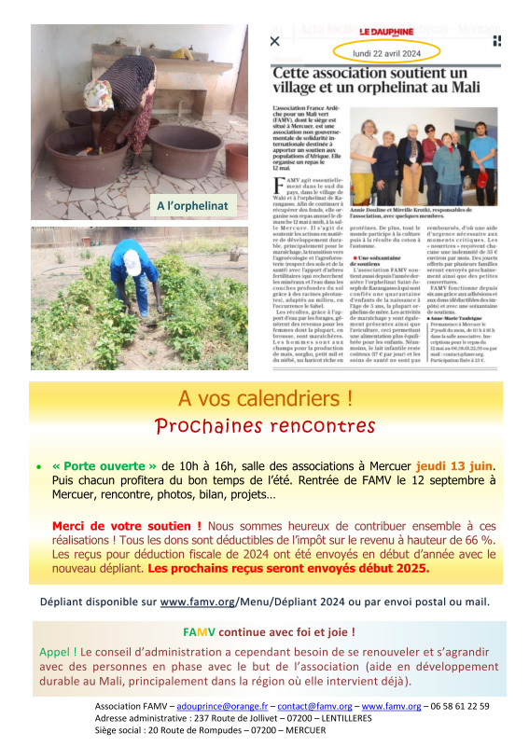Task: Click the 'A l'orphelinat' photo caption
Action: (191, 205)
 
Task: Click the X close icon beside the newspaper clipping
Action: (275, 42)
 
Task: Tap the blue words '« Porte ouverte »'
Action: (104, 465)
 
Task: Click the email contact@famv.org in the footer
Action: (309, 707)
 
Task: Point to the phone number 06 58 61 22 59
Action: (457, 707)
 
